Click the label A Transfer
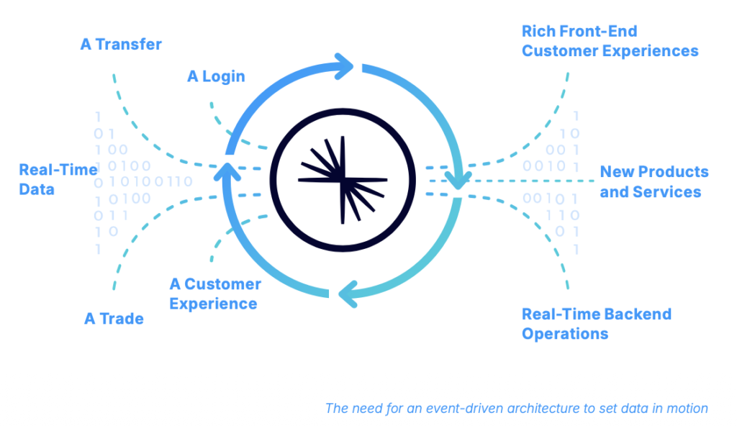tap(121, 45)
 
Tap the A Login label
tap(216, 76)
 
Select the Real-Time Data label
tap(58, 180)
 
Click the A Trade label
tap(114, 319)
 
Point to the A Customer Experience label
tap(214, 294)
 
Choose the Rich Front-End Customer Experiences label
tap(610, 41)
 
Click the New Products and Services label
tap(654, 182)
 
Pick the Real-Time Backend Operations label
tap(596, 324)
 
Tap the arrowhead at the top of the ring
tap(344, 68)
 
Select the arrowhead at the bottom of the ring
tap(344, 292)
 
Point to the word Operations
tap(565, 334)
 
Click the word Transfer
tap(130, 45)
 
